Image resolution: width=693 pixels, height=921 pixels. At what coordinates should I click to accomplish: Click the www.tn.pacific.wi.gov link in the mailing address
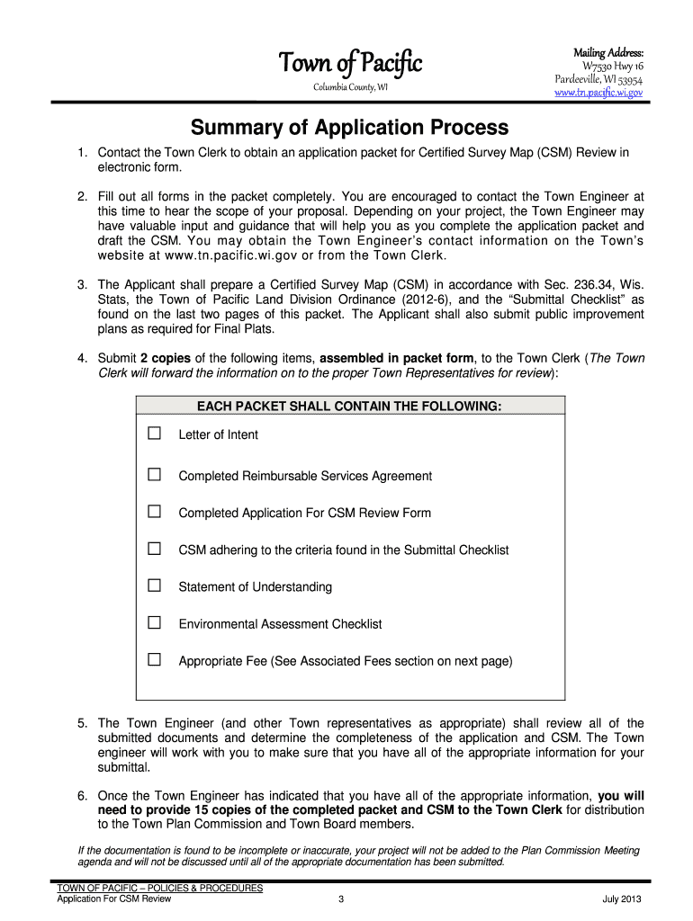coord(598,93)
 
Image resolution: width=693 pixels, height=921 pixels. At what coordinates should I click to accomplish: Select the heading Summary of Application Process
coord(348,128)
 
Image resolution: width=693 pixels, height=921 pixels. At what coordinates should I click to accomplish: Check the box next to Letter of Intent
coord(155,434)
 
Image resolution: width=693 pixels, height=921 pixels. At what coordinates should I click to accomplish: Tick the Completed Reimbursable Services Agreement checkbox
coord(155,475)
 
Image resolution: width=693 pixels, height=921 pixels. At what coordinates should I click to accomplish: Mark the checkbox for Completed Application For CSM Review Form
coord(155,512)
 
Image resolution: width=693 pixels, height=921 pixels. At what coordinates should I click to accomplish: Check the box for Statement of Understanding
coord(155,586)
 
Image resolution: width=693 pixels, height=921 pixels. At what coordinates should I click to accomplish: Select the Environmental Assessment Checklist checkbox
coord(155,622)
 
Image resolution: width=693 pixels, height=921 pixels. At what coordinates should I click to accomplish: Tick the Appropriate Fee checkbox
coord(155,660)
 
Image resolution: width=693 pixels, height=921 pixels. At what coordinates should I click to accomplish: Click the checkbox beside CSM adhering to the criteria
coord(155,549)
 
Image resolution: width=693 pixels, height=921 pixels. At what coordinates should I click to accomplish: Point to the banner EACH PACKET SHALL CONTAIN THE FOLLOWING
coord(349,407)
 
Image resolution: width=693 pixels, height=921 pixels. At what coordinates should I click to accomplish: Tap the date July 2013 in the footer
coord(623,899)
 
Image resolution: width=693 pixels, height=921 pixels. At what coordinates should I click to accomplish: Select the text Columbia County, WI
coord(350,86)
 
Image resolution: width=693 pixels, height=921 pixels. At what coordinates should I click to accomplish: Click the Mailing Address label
coord(608,52)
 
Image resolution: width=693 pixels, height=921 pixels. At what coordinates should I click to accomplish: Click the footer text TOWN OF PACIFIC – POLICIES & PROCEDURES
coord(159,888)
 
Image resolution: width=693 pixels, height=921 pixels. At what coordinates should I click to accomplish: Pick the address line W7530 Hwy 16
coord(613,67)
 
